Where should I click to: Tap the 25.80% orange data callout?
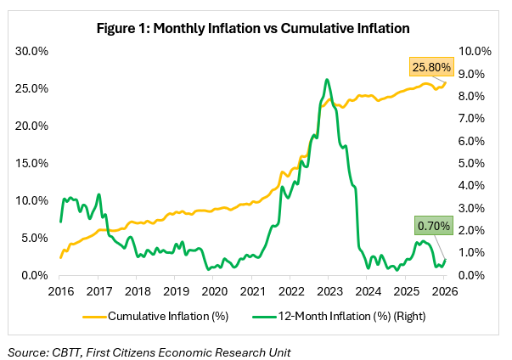(431, 65)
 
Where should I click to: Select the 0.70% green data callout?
(434, 227)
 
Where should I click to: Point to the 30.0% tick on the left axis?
(33, 51)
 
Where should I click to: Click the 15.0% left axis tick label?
(33, 163)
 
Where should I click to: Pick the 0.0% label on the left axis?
(37, 275)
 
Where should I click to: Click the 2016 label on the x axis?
(60, 292)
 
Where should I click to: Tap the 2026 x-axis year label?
(444, 292)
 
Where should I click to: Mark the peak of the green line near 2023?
(327, 79)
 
